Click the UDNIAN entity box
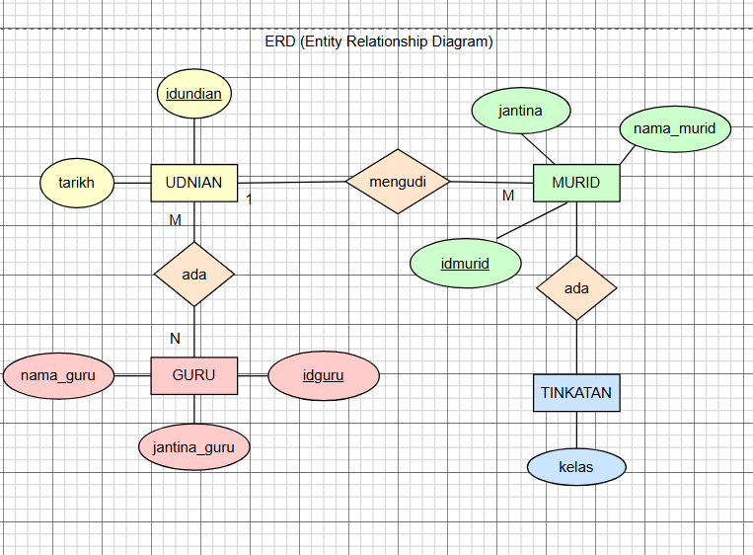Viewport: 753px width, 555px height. [x=194, y=183]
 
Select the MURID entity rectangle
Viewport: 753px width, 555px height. [x=575, y=183]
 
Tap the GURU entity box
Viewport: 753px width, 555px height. [x=194, y=375]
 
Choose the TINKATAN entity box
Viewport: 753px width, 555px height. [x=575, y=392]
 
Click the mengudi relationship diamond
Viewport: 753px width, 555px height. [x=398, y=182]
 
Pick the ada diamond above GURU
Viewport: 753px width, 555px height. [x=194, y=274]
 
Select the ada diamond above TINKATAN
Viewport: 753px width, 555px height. [x=575, y=288]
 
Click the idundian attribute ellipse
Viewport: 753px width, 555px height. [x=194, y=95]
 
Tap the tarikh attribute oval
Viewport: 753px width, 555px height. [x=76, y=183]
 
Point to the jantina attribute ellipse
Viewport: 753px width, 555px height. [x=520, y=111]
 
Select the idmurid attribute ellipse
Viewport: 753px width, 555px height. [x=465, y=264]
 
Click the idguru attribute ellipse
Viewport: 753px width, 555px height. [x=324, y=375]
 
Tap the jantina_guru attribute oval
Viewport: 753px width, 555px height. [x=194, y=446]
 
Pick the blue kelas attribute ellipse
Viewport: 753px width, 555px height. [x=575, y=466]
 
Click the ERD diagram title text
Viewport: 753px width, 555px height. [x=379, y=41]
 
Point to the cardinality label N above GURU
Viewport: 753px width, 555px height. [x=175, y=338]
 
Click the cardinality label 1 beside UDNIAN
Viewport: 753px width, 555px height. [x=250, y=199]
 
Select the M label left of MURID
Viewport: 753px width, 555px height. [x=508, y=196]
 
